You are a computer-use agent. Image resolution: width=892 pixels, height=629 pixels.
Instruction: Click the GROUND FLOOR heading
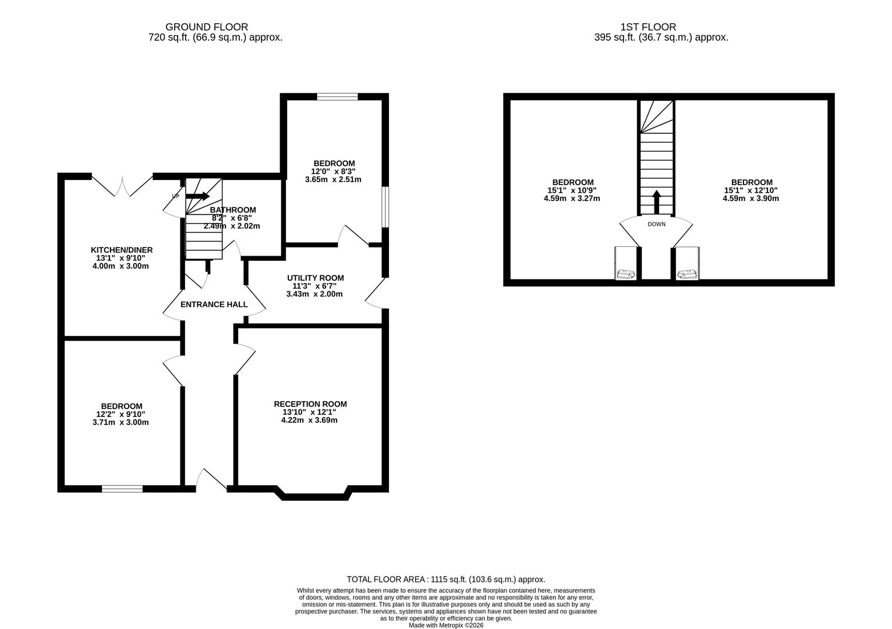(207, 27)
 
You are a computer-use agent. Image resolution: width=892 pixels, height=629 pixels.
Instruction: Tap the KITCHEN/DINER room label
(121, 250)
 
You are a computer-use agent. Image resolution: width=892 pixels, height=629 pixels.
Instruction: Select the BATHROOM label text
(233, 210)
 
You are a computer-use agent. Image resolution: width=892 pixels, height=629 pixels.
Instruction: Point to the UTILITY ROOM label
(315, 278)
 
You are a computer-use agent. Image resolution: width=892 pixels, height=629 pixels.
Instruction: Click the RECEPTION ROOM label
(310, 404)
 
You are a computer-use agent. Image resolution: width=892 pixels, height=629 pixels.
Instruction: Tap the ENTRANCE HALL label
(214, 304)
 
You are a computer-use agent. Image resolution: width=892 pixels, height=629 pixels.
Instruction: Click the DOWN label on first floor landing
(656, 224)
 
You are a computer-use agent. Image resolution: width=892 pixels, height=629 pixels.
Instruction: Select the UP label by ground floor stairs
(175, 196)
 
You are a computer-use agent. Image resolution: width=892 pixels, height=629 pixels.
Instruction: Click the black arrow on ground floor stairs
(197, 196)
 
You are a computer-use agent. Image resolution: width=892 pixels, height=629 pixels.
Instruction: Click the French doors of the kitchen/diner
(122, 185)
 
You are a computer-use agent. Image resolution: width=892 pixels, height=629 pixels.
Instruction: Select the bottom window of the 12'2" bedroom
(122, 489)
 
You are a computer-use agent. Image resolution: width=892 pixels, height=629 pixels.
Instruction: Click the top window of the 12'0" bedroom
(337, 97)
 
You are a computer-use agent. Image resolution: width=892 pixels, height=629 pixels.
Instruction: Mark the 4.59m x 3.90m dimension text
(751, 198)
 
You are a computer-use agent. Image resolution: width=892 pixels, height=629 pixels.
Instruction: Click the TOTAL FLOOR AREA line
(445, 579)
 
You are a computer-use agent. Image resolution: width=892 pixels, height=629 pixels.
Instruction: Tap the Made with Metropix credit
(445, 626)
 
